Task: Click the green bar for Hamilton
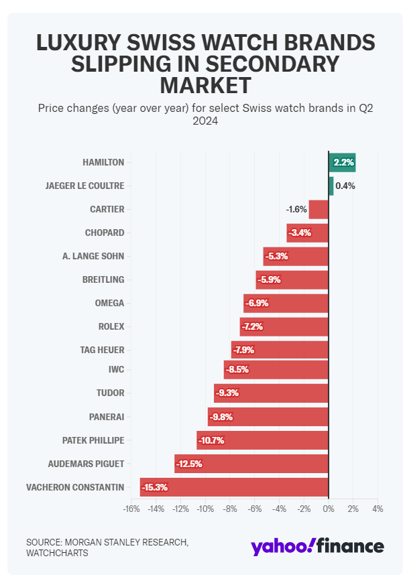(x=342, y=162)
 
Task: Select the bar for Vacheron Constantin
(x=234, y=487)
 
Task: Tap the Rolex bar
(x=284, y=326)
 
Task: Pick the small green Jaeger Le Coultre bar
(x=331, y=186)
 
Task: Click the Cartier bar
(x=318, y=209)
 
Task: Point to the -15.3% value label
(x=154, y=487)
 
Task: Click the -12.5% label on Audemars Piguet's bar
(x=189, y=464)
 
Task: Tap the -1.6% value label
(x=296, y=209)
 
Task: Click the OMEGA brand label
(x=109, y=303)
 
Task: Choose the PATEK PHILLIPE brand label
(x=93, y=440)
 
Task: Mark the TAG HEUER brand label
(x=102, y=350)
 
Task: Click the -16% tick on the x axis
(x=131, y=509)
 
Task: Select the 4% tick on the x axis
(x=377, y=509)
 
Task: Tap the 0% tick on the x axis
(x=328, y=509)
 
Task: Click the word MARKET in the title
(x=205, y=85)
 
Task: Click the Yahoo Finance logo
(x=317, y=545)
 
